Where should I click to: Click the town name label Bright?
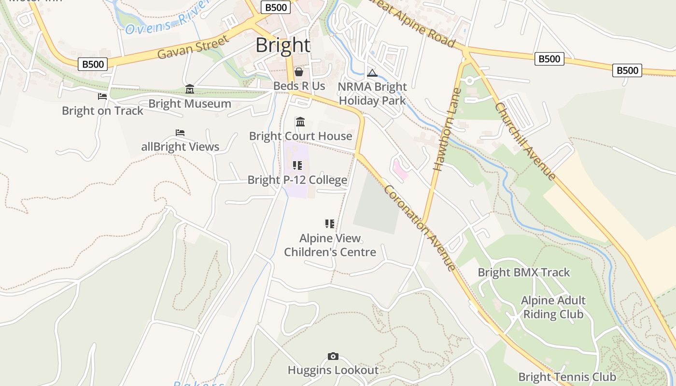(x=283, y=45)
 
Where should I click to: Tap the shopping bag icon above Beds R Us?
(x=299, y=72)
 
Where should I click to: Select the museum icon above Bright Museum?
(x=190, y=89)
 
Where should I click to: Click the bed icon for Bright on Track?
(x=102, y=96)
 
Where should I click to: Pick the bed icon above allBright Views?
(x=180, y=133)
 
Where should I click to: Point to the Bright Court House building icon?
(x=300, y=122)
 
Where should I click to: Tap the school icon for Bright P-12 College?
(x=297, y=166)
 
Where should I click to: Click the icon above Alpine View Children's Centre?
(x=330, y=224)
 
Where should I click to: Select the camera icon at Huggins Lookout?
(x=333, y=357)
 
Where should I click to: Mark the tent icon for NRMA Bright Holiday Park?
(x=372, y=73)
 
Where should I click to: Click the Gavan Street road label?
(x=193, y=47)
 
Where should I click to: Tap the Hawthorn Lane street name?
(x=445, y=129)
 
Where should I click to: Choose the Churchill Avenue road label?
(x=525, y=141)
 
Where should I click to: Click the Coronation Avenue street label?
(x=419, y=227)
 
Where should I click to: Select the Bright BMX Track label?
(x=524, y=272)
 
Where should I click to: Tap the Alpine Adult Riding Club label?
(x=553, y=307)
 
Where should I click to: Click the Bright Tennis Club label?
(x=567, y=377)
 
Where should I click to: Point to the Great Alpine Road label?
(x=415, y=25)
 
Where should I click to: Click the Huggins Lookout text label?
(x=333, y=370)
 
